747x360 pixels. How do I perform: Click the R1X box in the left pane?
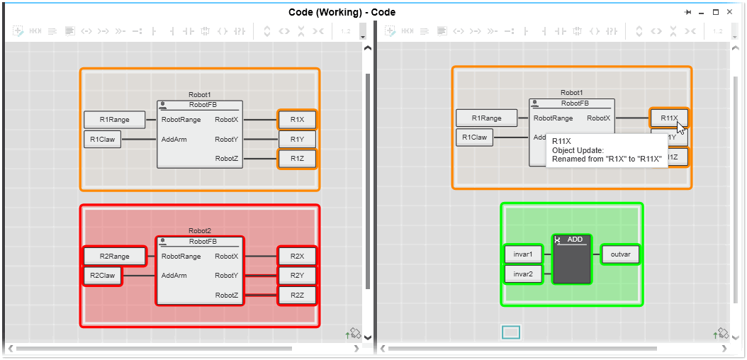pos(297,120)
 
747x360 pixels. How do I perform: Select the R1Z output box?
pos(297,159)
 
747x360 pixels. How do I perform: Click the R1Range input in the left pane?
pos(114,120)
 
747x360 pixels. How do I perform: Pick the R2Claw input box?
pos(102,276)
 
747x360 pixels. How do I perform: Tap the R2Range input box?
pos(114,257)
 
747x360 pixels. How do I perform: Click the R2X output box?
pos(297,257)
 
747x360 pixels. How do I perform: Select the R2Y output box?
pos(297,276)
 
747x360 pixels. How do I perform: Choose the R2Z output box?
pos(297,295)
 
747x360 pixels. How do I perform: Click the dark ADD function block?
pos(572,261)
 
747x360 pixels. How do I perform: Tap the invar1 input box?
pos(523,254)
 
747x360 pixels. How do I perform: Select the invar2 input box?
pos(523,274)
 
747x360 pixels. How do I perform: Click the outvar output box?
pos(621,254)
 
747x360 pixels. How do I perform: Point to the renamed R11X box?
pos(668,118)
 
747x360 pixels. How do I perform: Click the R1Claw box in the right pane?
pos(474,137)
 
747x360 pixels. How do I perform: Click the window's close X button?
pos(730,12)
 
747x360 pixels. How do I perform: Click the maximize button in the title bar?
pos(716,12)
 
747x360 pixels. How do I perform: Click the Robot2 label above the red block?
pos(200,231)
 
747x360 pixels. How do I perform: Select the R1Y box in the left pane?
pos(297,140)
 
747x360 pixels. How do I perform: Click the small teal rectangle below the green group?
pos(511,332)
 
